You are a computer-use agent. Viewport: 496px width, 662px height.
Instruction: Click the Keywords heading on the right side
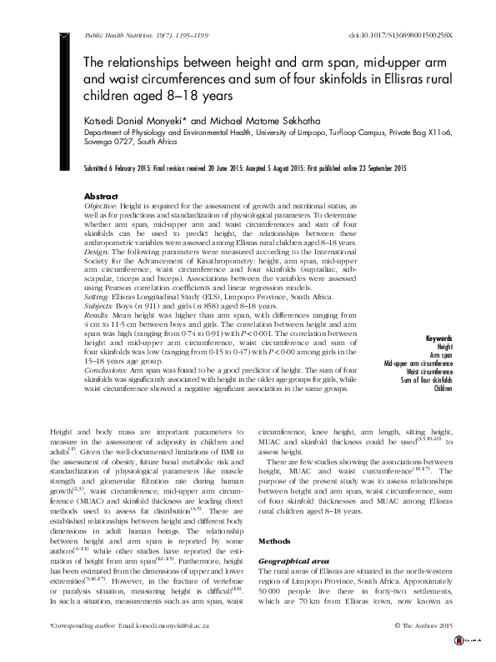438,362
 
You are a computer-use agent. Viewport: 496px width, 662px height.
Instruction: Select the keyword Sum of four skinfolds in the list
427,403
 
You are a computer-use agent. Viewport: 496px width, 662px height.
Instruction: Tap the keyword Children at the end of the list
443,411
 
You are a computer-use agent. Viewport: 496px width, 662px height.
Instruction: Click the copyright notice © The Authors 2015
422,648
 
